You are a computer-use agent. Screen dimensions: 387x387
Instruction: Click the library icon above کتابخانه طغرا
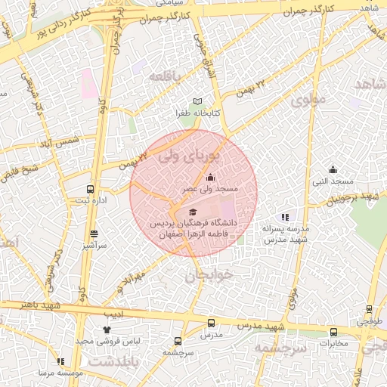coord(198,101)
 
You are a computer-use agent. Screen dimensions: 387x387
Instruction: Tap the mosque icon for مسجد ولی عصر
coord(210,177)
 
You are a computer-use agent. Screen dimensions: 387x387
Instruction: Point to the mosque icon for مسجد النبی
coord(333,169)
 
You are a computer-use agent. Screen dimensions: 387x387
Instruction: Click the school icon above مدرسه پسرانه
coord(285,217)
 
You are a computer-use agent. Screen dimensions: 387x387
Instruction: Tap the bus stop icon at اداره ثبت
coord(91,190)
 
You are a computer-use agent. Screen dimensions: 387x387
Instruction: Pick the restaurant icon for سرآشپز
coord(94,234)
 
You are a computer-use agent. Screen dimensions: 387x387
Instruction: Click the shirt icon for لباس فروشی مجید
coord(106,330)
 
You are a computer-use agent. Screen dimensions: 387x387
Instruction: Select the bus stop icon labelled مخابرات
coord(333,332)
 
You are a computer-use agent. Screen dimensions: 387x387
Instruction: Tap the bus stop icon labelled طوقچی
coord(369,308)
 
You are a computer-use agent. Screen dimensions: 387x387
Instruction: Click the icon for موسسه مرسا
coord(60,362)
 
